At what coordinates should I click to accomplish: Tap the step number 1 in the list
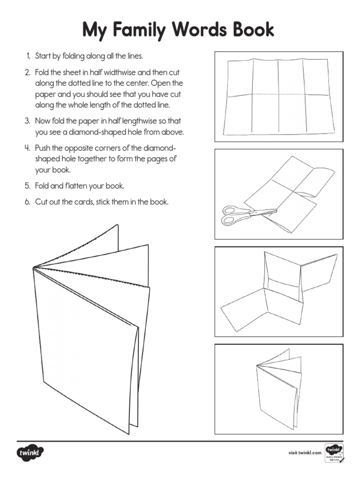coord(28,56)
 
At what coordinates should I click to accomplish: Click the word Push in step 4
coord(43,148)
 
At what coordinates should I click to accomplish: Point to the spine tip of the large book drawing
coord(33,268)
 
